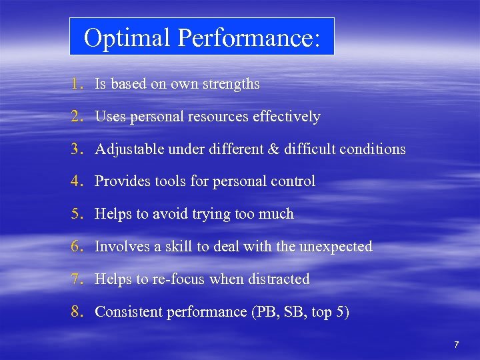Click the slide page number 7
(456, 345)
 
